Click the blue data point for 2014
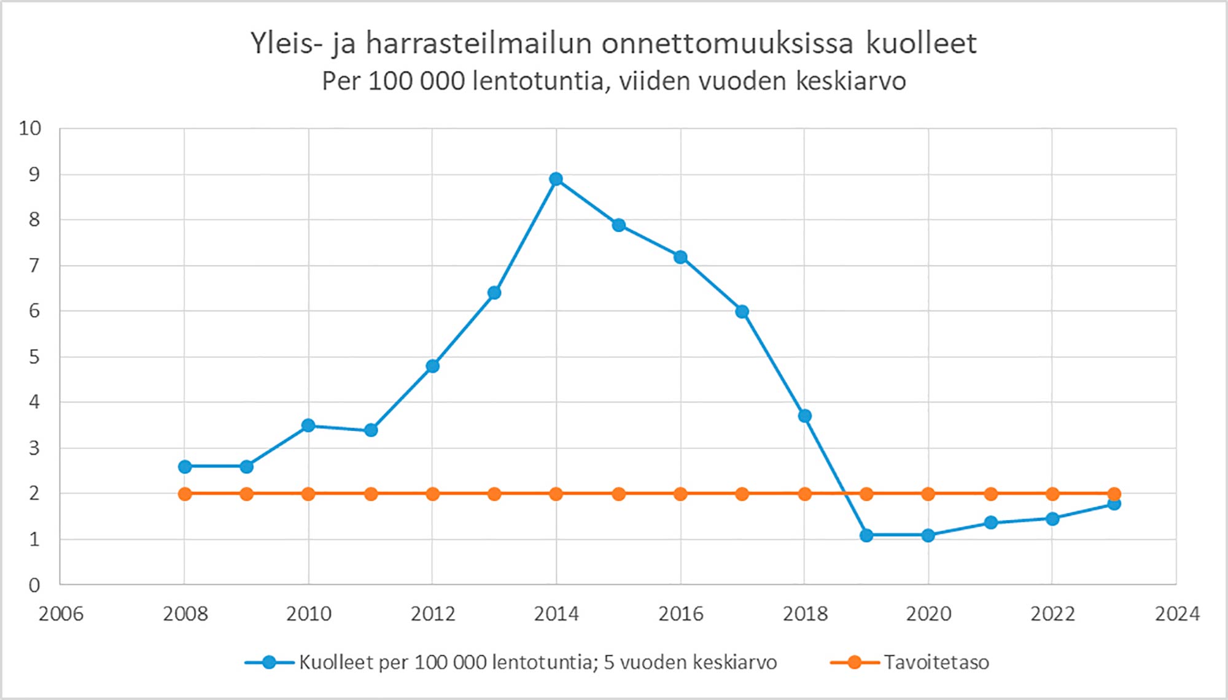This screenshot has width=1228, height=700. [556, 179]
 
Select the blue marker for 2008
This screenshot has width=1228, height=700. [185, 467]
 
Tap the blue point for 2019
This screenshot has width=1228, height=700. [866, 536]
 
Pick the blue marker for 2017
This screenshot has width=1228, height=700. [742, 312]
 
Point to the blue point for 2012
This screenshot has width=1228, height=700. [432, 366]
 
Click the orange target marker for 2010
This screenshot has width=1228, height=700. [308, 494]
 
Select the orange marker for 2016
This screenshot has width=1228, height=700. [680, 494]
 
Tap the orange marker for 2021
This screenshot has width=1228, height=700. [990, 494]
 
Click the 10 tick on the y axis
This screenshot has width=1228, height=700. [30, 129]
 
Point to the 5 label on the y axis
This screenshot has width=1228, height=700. [34, 357]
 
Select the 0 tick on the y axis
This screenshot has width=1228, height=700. [34, 585]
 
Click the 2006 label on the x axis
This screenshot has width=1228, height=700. [61, 613]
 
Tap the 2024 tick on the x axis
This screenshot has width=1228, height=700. [1176, 613]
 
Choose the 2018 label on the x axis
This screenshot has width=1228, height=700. [804, 613]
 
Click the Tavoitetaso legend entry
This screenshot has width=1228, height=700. [936, 663]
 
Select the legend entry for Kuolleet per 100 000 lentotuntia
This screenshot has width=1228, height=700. [537, 663]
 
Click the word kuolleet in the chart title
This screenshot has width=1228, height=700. [921, 43]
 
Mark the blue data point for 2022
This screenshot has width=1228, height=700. [1052, 519]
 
